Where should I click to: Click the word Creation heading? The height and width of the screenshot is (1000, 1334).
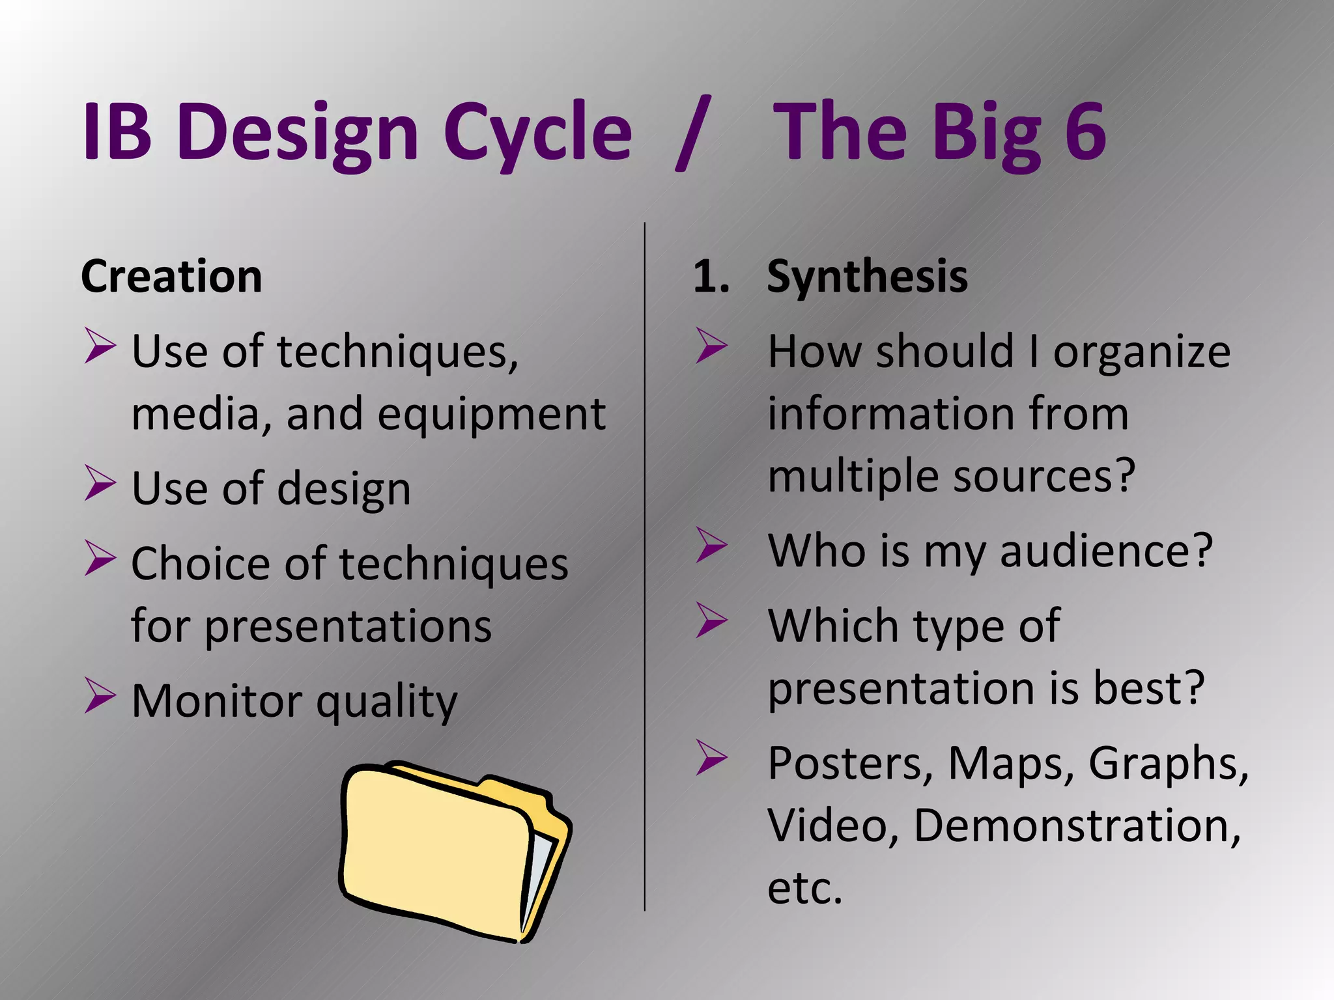point(171,277)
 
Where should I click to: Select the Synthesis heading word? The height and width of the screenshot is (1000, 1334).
point(867,277)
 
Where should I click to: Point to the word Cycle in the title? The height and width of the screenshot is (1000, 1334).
point(537,133)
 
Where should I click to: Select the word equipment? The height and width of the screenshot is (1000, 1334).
point(492,415)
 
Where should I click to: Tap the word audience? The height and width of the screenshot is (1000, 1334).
point(1105,551)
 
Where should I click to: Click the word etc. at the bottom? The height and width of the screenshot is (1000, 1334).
point(804,888)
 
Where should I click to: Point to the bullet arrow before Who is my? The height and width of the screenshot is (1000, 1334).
point(711,544)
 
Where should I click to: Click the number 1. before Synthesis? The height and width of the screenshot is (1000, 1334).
point(711,277)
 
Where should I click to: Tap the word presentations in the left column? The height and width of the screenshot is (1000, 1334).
point(348,627)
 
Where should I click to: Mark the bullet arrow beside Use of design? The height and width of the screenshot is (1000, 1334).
point(100,483)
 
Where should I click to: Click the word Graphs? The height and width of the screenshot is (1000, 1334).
point(1168,763)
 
